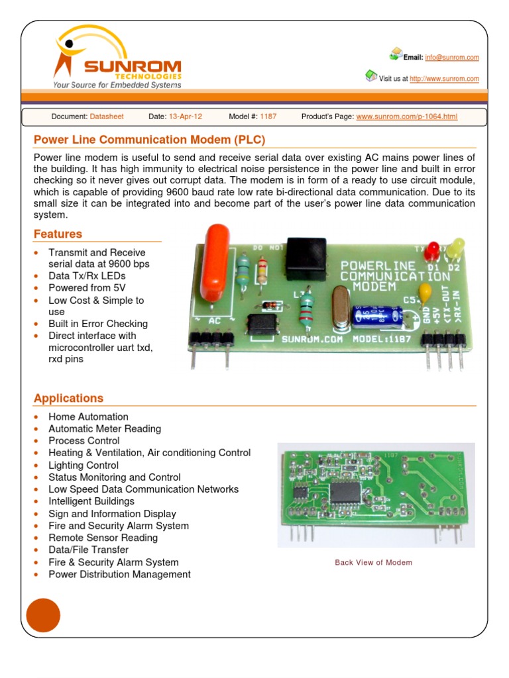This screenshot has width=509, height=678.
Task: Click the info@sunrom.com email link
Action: click(452, 58)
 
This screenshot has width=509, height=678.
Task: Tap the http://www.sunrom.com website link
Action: click(444, 79)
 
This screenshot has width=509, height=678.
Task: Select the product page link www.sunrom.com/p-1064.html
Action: click(406, 117)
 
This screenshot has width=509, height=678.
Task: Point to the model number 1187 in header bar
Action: click(268, 117)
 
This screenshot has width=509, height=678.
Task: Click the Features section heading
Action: click(58, 234)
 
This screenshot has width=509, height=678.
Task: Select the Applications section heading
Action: click(68, 398)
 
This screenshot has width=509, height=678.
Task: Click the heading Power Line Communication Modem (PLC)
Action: click(149, 140)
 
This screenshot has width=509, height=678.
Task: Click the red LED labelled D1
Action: click(432, 251)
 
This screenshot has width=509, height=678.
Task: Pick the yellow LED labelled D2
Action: click(455, 250)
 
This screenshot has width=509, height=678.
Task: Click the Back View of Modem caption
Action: click(373, 562)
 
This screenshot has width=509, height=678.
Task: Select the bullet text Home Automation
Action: click(88, 416)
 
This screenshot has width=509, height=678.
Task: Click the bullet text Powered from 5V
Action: click(87, 288)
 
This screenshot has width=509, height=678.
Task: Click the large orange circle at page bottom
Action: click(43, 615)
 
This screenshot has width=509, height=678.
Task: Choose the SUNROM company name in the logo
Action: click(133, 67)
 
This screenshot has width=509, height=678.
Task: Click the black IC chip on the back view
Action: click(344, 492)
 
